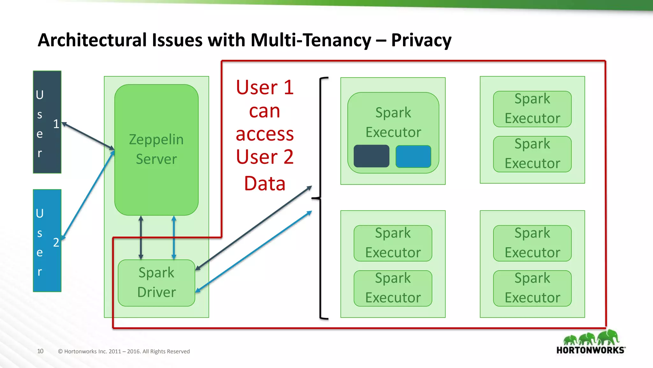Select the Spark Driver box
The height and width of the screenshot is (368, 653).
(x=156, y=282)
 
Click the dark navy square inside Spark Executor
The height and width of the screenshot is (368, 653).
(x=371, y=156)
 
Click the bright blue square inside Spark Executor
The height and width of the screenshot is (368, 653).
(x=413, y=156)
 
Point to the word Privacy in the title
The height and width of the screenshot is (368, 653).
(x=421, y=40)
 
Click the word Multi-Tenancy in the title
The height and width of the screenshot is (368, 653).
(x=311, y=40)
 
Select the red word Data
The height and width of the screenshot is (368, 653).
(x=265, y=184)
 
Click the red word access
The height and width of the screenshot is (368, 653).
(x=265, y=134)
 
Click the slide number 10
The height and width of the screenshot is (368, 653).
(x=40, y=351)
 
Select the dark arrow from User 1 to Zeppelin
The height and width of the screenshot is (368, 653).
(x=88, y=136)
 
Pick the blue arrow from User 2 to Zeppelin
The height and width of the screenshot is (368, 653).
(x=88, y=195)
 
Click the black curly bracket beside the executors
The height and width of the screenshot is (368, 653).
(x=321, y=198)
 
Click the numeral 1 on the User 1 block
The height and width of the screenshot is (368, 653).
(x=56, y=124)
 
